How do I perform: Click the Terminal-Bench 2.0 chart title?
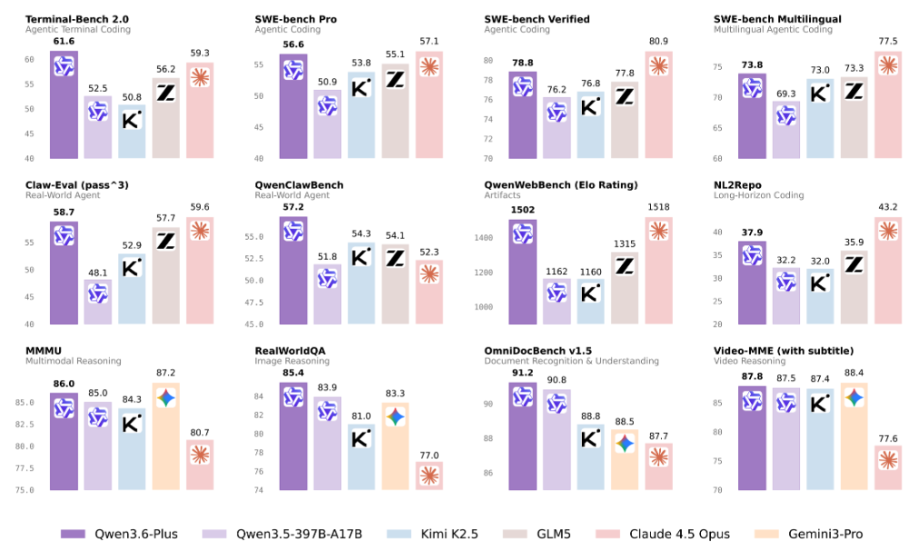click(x=75, y=19)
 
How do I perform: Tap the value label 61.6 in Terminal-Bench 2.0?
click(x=64, y=42)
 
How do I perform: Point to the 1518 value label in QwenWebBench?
click(x=658, y=208)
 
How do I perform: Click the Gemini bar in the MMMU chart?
click(x=165, y=436)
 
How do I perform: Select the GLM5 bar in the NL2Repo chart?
click(x=854, y=287)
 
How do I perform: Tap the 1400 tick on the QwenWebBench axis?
click(x=483, y=238)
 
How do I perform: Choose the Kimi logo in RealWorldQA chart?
click(x=361, y=437)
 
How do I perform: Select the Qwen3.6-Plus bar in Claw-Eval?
click(x=64, y=273)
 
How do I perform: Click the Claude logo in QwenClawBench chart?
click(x=429, y=274)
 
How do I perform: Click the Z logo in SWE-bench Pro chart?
click(x=395, y=80)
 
